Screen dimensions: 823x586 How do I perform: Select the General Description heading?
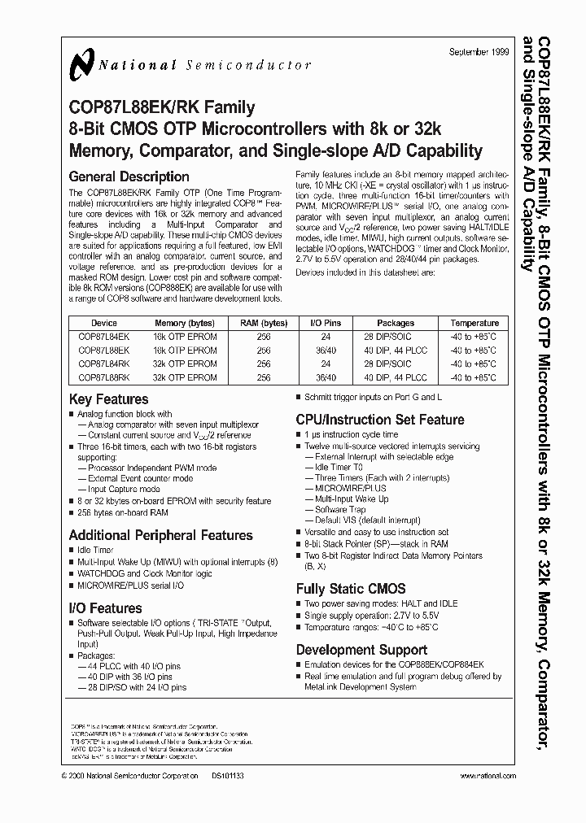129,176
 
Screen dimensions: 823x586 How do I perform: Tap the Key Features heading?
109,399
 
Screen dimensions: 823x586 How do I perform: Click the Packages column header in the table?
396,323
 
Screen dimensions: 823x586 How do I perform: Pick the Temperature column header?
474,323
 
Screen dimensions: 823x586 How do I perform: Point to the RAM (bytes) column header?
264,323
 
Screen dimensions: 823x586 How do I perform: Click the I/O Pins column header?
328,323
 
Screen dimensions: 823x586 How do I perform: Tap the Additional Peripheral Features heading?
161,535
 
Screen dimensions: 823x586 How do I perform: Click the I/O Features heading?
106,607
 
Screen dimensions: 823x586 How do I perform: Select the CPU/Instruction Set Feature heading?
380,420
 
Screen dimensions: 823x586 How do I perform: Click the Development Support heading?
361,649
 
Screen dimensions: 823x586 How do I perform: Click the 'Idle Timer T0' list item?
336,468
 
